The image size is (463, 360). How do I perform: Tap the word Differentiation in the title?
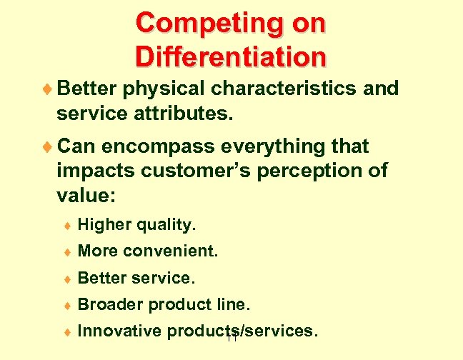[230, 56]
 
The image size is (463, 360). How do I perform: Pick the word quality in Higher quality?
[166, 226]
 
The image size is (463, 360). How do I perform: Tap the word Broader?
[108, 305]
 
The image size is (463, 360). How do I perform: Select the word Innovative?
[118, 331]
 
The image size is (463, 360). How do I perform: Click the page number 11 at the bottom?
[230, 338]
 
